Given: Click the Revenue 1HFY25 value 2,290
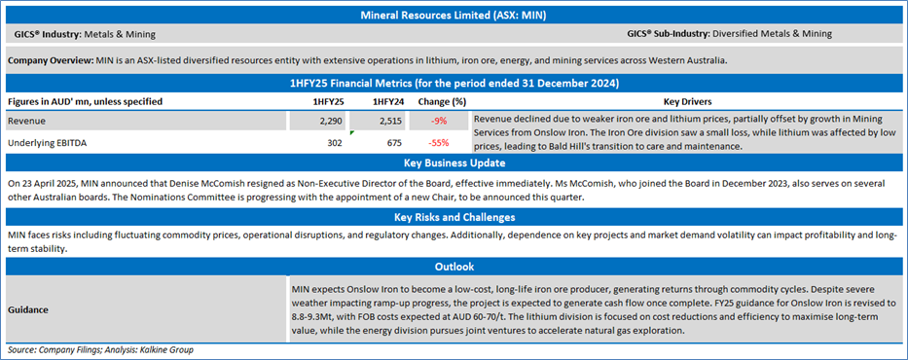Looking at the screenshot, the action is coord(330,121).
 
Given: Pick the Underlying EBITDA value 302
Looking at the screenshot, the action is coord(334,142).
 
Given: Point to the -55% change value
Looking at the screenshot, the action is coord(438,142).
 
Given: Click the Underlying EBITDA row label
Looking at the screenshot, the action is coord(45,142).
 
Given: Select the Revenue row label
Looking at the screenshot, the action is coord(27,121).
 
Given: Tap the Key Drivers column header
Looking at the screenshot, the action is coord(688,102).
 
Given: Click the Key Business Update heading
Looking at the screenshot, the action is coord(454,163).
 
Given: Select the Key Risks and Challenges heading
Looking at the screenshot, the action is coord(454,218).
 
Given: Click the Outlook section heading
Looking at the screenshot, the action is coord(454,267).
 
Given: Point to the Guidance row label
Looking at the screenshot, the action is coord(28,309).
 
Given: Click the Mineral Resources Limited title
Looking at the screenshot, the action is coord(454,16).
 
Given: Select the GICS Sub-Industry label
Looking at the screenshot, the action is coord(669,34).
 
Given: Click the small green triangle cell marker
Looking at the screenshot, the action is coord(352,132).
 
